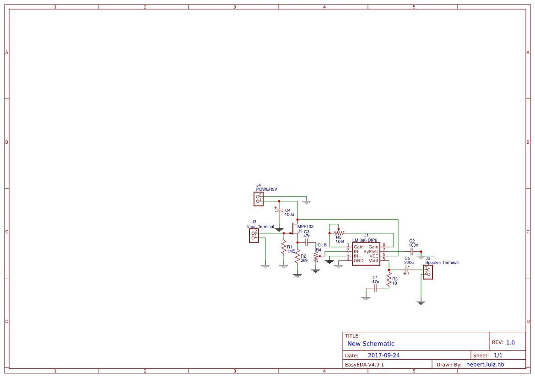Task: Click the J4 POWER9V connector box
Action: click(258, 199)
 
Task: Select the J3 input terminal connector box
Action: click(254, 235)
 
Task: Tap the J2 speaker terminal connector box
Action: click(428, 272)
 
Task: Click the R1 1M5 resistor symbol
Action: click(284, 248)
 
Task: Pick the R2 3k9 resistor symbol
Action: click(297, 257)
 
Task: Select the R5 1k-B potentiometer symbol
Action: click(339, 232)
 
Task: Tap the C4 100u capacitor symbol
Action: click(279, 210)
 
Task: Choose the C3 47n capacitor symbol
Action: click(306, 242)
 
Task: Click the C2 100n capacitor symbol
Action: click(412, 252)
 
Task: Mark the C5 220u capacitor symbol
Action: click(407, 270)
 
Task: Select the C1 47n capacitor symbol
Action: click(375, 288)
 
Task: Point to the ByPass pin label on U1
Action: click(371, 251)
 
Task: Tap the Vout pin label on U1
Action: click(373, 261)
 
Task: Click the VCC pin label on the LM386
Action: click(374, 256)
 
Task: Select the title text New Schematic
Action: click(371, 344)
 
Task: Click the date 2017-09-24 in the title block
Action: click(384, 355)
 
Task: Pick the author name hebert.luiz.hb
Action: click(485, 364)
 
